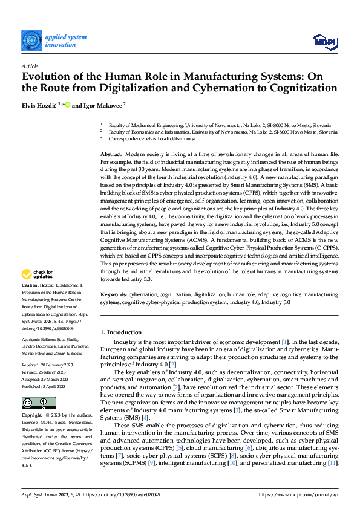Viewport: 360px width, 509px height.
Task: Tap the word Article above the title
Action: [x=29, y=65]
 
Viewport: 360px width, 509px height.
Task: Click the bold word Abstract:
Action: [x=111, y=155]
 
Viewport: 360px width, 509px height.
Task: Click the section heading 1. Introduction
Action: [x=121, y=332]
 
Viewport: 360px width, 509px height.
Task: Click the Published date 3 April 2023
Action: [x=45, y=384]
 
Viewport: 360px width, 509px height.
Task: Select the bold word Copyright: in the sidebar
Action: [x=31, y=416]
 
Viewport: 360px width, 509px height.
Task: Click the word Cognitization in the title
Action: [x=286, y=88]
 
